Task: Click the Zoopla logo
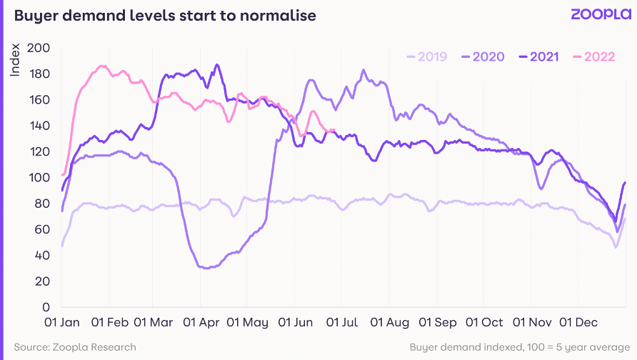(x=601, y=14)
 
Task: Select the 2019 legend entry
(x=426, y=56)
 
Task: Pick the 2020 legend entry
(x=483, y=56)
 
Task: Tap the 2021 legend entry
(x=538, y=56)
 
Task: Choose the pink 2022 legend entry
(x=594, y=56)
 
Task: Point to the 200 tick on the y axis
(x=39, y=48)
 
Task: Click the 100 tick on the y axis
(x=39, y=178)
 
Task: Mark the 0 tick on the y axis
(x=46, y=307)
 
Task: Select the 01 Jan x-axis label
(x=61, y=323)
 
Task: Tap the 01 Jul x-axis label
(x=341, y=323)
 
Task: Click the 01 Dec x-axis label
(x=578, y=323)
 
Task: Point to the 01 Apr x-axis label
(x=201, y=323)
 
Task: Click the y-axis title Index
(x=15, y=60)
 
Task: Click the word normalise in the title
(x=278, y=16)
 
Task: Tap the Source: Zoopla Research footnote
(x=75, y=347)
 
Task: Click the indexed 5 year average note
(x=520, y=347)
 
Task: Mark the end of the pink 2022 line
(x=333, y=130)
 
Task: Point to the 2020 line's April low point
(x=206, y=268)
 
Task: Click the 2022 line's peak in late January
(x=102, y=66)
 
